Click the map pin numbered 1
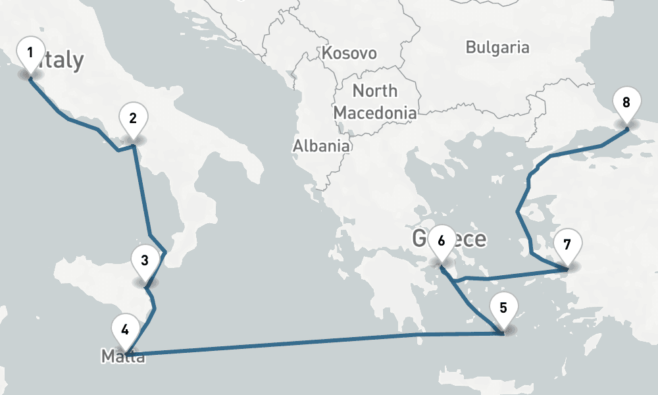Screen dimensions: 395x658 pyautogui.click(x=30, y=53)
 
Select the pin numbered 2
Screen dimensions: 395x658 pyautogui.click(x=133, y=120)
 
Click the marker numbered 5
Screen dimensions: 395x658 pyautogui.click(x=503, y=309)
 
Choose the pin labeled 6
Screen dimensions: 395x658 pyautogui.click(x=441, y=242)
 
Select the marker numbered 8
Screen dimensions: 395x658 pyautogui.click(x=626, y=103)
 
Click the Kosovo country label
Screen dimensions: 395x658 pyautogui.click(x=349, y=53)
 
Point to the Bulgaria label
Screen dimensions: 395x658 pyautogui.click(x=497, y=47)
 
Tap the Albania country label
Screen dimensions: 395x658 pyautogui.click(x=321, y=145)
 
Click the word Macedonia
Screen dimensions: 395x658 pyautogui.click(x=375, y=113)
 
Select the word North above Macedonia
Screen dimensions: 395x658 pyautogui.click(x=375, y=91)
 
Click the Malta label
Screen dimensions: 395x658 pyautogui.click(x=123, y=357)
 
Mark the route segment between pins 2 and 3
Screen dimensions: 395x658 pyautogui.click(x=142, y=191)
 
